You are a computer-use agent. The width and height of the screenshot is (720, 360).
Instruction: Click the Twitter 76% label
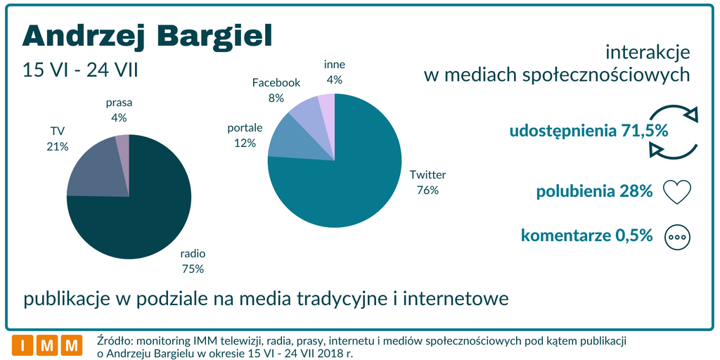427,182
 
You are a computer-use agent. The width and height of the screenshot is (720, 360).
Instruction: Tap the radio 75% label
193,262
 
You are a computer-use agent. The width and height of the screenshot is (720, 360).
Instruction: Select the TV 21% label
58,139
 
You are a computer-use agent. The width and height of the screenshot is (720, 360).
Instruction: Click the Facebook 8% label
276,90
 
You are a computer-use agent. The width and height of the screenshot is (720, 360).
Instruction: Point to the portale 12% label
245,136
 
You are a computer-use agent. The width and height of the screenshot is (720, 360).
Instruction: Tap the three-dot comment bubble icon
678,237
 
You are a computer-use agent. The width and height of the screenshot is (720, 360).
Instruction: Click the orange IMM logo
47,345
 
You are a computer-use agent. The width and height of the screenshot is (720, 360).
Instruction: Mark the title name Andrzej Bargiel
147,36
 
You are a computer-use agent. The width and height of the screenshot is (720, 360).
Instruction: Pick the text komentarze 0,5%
586,236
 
